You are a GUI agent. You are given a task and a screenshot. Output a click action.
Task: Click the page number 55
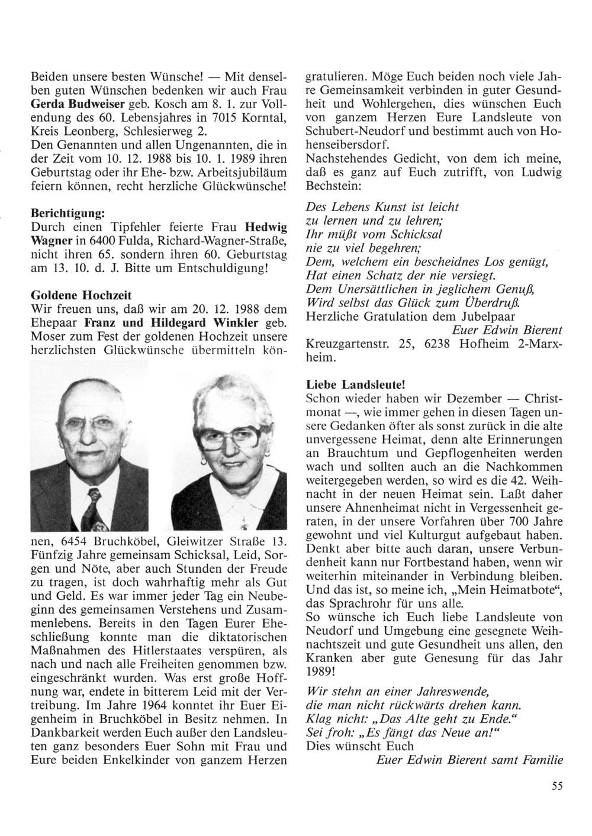(x=556, y=786)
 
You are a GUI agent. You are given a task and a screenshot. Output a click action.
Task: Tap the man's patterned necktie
(x=95, y=506)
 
